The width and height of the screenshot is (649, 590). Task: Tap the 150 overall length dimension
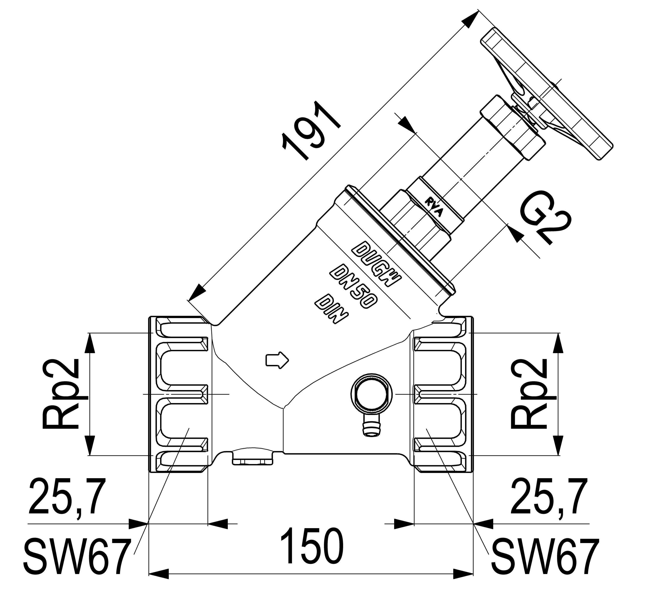pyautogui.click(x=311, y=546)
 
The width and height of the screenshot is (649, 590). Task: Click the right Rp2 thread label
pyautogui.click(x=530, y=394)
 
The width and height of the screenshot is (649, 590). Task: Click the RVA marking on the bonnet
pyautogui.click(x=435, y=208)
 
